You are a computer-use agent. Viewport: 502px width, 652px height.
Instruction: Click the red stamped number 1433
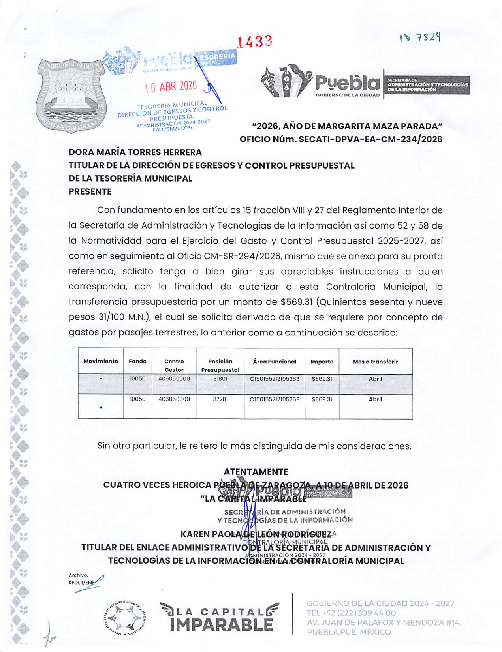point(255,41)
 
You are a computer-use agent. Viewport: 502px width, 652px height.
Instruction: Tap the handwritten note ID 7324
point(420,37)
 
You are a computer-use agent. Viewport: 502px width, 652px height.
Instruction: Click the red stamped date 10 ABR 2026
point(171,87)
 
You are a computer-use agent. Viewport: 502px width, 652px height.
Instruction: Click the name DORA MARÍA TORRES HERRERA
point(135,152)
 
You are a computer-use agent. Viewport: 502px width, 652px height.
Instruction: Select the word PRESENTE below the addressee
point(90,192)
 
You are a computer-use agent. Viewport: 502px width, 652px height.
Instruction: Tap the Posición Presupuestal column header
point(220,365)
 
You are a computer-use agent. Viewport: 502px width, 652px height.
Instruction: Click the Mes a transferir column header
point(375,362)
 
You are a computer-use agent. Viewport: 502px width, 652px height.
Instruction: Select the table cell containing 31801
point(220,379)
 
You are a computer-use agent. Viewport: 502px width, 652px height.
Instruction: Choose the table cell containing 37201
point(220,399)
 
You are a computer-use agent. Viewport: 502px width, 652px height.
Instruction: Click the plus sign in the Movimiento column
point(101,407)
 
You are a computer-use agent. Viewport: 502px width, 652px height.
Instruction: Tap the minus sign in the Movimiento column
point(101,379)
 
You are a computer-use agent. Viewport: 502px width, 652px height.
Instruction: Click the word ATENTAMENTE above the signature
point(256,472)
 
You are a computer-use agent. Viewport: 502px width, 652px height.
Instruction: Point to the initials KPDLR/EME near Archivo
point(81,583)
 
